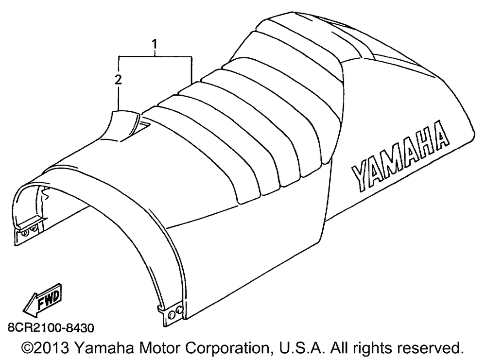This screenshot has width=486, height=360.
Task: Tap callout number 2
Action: tap(118, 80)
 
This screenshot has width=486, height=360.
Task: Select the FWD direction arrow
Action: tap(42, 299)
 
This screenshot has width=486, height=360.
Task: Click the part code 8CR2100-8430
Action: tap(51, 328)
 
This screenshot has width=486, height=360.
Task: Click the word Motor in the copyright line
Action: tap(159, 348)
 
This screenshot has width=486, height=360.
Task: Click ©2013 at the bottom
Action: tap(45, 348)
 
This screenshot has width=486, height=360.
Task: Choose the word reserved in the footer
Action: tap(433, 348)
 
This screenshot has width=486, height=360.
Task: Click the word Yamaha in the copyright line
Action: tap(104, 348)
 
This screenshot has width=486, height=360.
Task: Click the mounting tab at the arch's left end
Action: tap(27, 231)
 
